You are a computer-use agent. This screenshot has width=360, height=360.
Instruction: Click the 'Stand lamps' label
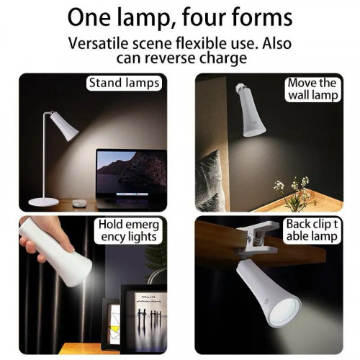[x=124, y=83]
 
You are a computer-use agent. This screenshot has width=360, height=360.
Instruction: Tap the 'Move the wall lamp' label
[x=312, y=89]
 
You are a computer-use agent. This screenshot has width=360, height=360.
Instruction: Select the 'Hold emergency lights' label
[x=129, y=230]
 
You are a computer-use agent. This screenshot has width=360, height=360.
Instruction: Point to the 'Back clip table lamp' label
[x=312, y=230]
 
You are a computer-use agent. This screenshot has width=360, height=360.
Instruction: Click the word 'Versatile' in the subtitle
[x=98, y=43]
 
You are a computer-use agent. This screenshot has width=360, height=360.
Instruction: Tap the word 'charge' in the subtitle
[x=223, y=58]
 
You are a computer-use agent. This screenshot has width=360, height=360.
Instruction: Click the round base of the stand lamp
[x=43, y=202]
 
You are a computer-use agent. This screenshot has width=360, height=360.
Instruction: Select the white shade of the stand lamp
[x=63, y=125]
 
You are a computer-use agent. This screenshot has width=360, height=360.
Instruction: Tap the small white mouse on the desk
[x=78, y=203]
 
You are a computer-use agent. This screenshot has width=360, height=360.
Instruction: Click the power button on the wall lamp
[x=255, y=122]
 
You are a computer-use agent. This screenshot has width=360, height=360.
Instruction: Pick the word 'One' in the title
[x=89, y=17]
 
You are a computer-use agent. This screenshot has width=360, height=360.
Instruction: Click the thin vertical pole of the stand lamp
[x=45, y=156]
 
